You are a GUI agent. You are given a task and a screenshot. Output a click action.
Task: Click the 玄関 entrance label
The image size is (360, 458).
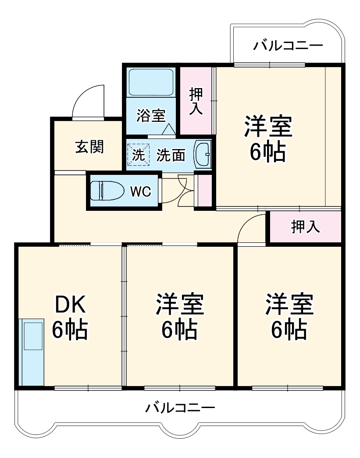(89, 147)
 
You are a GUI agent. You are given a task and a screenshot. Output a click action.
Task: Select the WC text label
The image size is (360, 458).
(140, 192)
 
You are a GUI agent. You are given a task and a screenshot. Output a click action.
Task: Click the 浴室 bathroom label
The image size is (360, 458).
(150, 116)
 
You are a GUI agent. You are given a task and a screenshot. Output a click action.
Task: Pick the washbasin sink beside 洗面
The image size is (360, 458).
(202, 154)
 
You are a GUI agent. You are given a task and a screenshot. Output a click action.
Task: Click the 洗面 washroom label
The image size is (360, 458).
(171, 155)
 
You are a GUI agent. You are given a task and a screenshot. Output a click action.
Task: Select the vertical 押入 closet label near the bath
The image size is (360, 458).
(196, 101)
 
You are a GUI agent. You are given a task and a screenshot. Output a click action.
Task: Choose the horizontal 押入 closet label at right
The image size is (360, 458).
(305, 227)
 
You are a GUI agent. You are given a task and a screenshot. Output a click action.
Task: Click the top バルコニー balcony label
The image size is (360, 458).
(288, 45)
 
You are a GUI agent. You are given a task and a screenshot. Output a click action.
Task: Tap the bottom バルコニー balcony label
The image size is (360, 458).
(180, 408)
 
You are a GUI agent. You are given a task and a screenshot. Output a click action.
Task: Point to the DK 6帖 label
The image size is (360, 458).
(70, 317)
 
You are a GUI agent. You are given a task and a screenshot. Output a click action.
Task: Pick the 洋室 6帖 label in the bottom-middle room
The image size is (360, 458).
(180, 317)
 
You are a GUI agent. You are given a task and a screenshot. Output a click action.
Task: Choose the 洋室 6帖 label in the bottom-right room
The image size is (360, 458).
(289, 317)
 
